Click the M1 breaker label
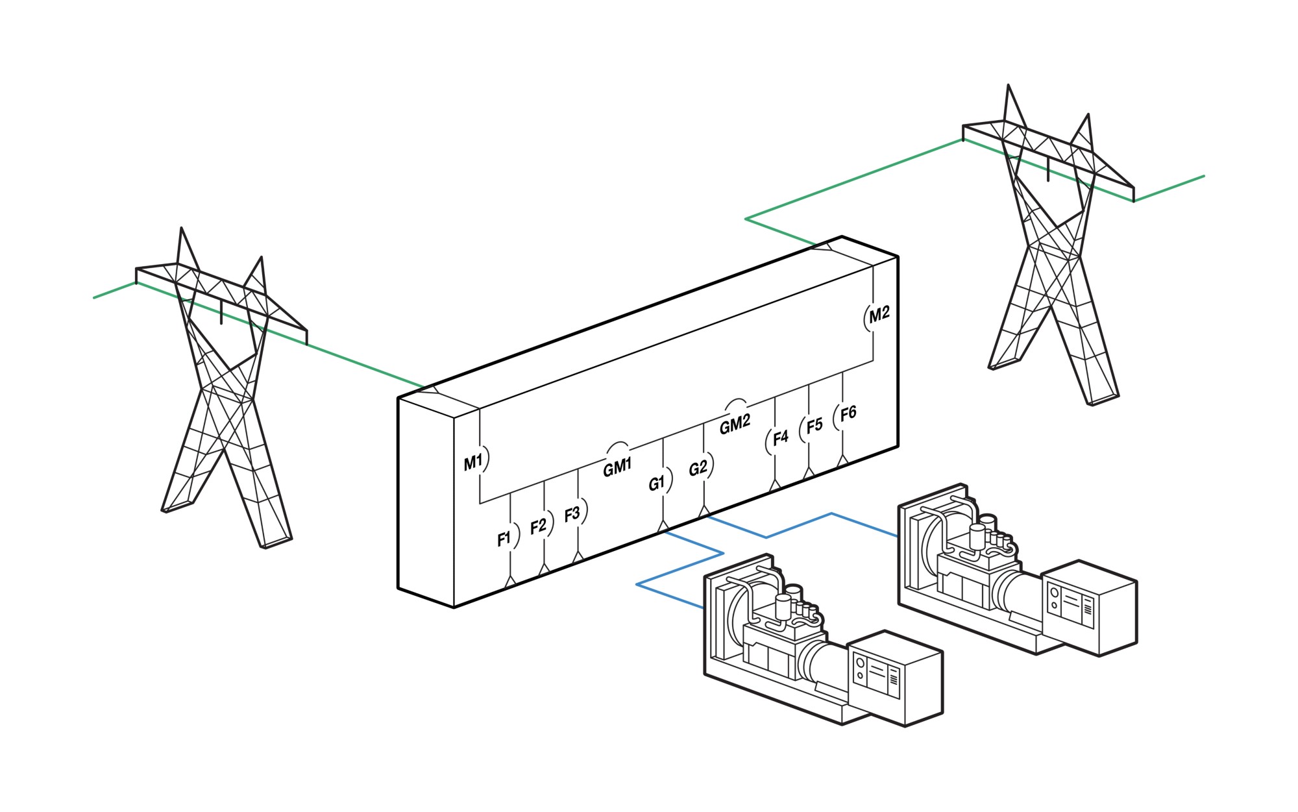[472, 463]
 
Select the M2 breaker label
[879, 315]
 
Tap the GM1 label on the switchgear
[617, 467]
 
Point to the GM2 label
[735, 424]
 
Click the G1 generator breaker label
[657, 484]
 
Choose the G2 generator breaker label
[698, 468]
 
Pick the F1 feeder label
[504, 539]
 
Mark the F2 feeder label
[538, 526]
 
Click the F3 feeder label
[572, 515]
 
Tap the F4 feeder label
[780, 437]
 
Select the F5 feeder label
[814, 425]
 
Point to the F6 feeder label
[848, 413]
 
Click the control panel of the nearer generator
[876, 675]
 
